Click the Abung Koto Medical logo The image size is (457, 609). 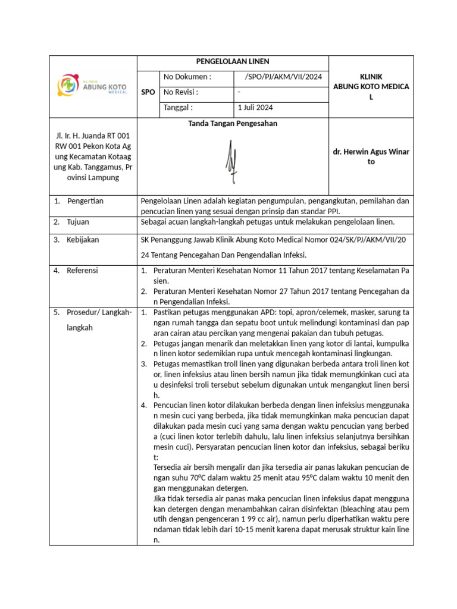pyautogui.click(x=92, y=86)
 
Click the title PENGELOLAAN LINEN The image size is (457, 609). pyautogui.click(x=233, y=62)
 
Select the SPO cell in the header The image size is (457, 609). pyautogui.click(x=148, y=93)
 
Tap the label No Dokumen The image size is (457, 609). pyautogui.click(x=187, y=77)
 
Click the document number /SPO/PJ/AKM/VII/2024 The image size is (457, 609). pyautogui.click(x=283, y=77)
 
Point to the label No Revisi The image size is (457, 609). pyautogui.click(x=180, y=92)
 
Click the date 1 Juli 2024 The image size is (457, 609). pyautogui.click(x=255, y=108)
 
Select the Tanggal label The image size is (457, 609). pyautogui.click(x=178, y=108)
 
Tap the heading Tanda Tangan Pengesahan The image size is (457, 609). pyautogui.click(x=233, y=124)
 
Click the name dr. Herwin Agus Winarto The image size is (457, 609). pyautogui.click(x=371, y=156)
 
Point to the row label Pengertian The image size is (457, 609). pyautogui.click(x=85, y=201)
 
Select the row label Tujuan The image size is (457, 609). pyautogui.click(x=78, y=222)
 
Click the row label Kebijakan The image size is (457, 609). pyautogui.click(x=83, y=240)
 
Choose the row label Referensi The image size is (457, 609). pyautogui.click(x=83, y=270)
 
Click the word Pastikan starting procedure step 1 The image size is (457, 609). pyautogui.click(x=168, y=312)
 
